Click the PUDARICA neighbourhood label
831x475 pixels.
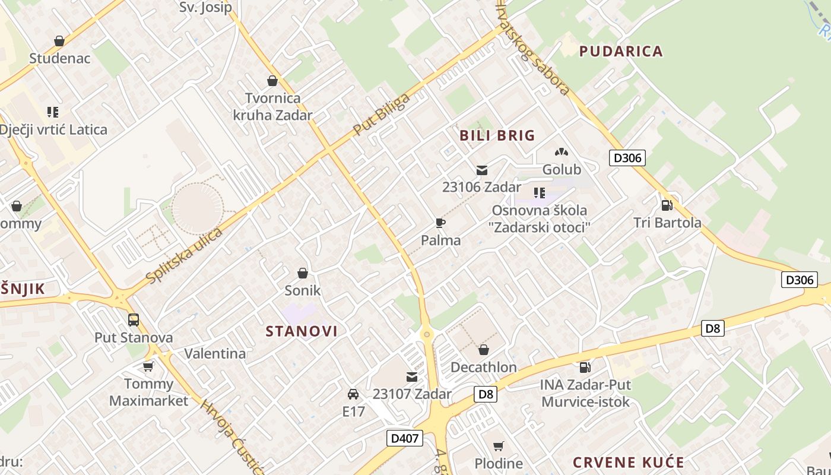click(x=621, y=51)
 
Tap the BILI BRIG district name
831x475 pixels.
click(x=497, y=135)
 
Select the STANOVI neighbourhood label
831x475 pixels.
click(x=302, y=331)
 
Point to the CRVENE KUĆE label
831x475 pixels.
click(x=629, y=463)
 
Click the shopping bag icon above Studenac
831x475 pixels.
click(x=59, y=41)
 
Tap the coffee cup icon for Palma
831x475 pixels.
click(x=440, y=223)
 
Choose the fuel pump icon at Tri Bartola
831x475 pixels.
click(x=667, y=205)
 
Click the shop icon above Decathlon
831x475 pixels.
click(x=484, y=350)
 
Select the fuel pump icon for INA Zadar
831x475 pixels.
click(x=585, y=368)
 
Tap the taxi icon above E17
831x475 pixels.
click(x=353, y=394)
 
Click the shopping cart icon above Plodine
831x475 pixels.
click(x=499, y=446)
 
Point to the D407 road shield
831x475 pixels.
click(x=405, y=439)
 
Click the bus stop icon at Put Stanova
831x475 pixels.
click(x=134, y=320)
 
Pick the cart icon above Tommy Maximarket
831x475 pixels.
click(x=148, y=366)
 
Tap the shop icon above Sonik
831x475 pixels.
click(x=303, y=273)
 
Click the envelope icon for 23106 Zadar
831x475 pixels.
click(x=482, y=170)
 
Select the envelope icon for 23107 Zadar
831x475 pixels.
click(x=412, y=376)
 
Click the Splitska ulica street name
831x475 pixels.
click(x=184, y=255)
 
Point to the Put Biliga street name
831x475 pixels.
click(x=381, y=113)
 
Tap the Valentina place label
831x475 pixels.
click(x=215, y=354)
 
